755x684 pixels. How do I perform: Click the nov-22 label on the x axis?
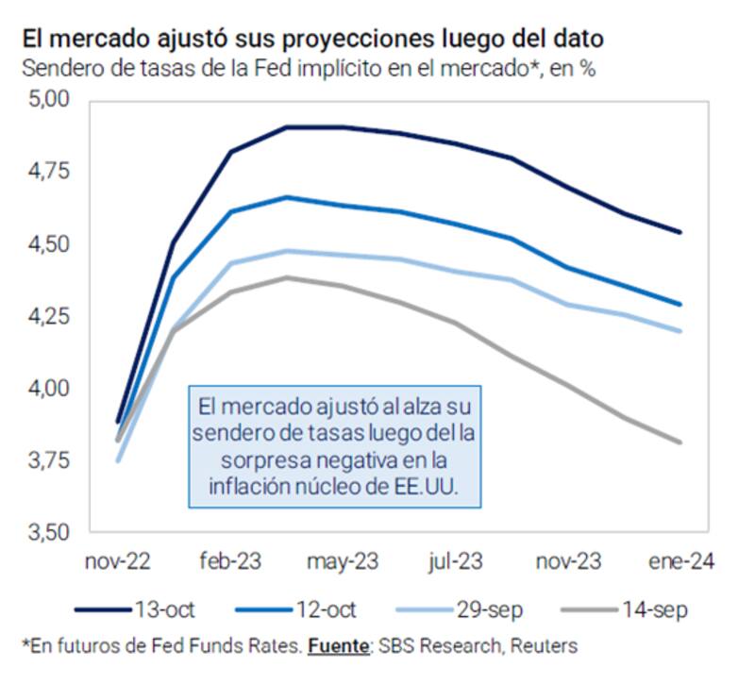pyautogui.click(x=118, y=562)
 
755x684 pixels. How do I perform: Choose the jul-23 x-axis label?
pyautogui.click(x=456, y=562)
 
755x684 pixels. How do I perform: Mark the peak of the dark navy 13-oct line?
pyautogui.click(x=288, y=126)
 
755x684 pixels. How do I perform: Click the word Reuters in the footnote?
pyautogui.click(x=545, y=646)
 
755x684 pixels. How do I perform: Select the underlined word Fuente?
pyautogui.click(x=335, y=646)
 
